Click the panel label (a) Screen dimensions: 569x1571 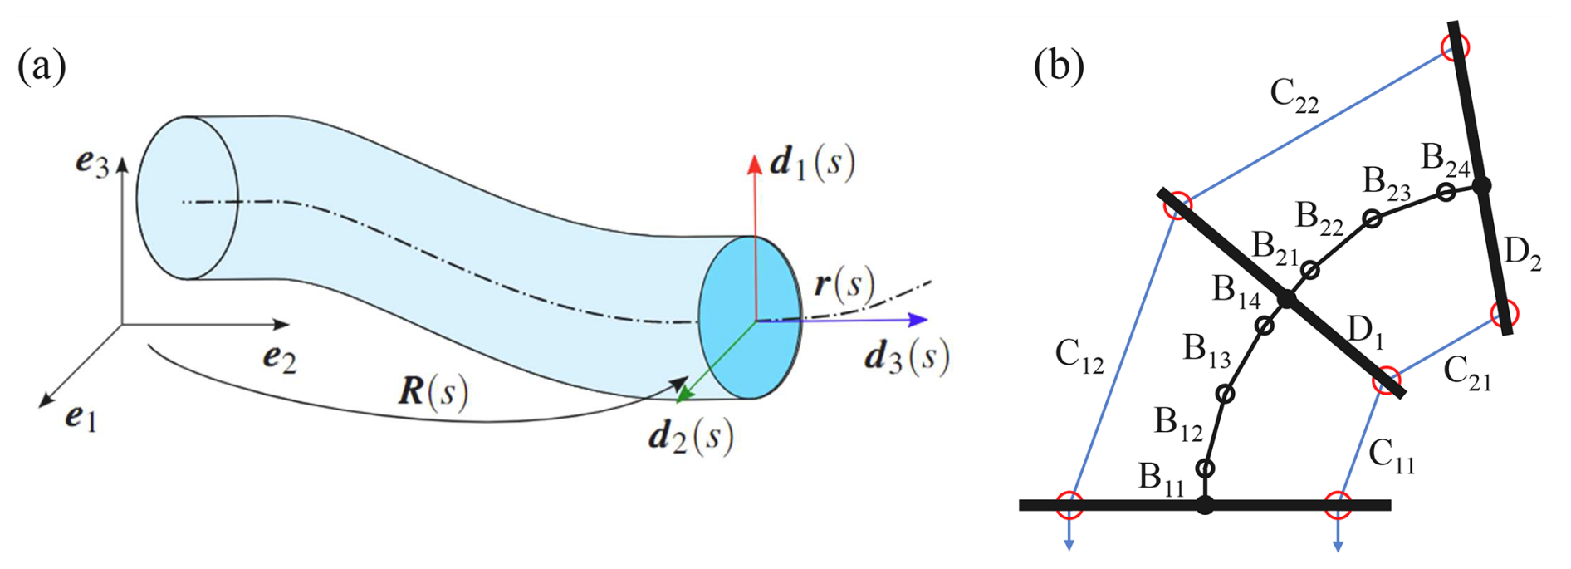pos(42,66)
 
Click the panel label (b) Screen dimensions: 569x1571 pos(1059,66)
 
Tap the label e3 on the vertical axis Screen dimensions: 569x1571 pos(92,163)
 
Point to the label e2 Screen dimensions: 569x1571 pos(280,358)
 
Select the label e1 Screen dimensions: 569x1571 pos(81,418)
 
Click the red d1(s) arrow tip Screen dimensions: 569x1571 pos(754,161)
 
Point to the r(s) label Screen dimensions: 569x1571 pos(844,285)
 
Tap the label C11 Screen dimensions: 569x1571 pos(1392,456)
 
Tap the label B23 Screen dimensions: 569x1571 pos(1387,183)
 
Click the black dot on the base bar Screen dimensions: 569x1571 pos(1206,504)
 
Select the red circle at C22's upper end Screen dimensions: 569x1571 pos(1455,47)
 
